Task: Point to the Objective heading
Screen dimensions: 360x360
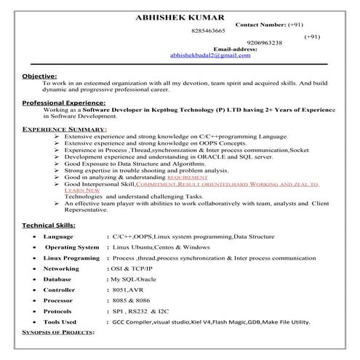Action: (40, 76)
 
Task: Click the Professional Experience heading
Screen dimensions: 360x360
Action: (64, 103)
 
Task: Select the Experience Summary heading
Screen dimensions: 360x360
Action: (64, 129)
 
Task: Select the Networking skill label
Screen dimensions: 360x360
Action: (61, 268)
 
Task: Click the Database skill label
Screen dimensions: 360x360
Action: (57, 279)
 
